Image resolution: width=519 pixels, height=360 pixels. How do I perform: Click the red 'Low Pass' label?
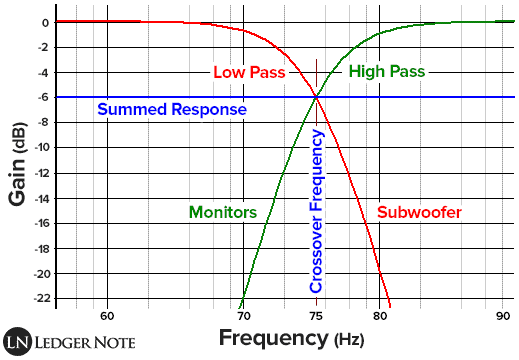point(250,73)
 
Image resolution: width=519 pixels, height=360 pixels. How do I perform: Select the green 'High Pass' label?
point(387,72)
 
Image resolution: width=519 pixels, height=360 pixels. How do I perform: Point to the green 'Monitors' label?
point(223,213)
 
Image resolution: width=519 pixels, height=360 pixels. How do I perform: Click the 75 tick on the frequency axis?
point(317,315)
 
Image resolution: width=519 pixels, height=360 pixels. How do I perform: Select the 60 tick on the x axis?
point(107,315)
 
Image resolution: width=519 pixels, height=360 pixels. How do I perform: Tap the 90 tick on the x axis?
point(504,315)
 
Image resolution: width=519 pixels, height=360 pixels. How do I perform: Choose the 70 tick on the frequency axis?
point(243,315)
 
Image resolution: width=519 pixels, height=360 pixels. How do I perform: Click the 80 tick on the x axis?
point(381,315)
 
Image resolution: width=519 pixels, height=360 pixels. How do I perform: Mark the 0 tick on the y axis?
point(45,23)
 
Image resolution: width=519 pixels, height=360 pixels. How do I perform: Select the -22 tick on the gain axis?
point(37,298)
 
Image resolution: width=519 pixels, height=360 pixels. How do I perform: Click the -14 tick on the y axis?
point(37,198)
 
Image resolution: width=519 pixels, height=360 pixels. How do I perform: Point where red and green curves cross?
point(317,97)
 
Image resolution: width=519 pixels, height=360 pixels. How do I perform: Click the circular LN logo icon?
point(19,341)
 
